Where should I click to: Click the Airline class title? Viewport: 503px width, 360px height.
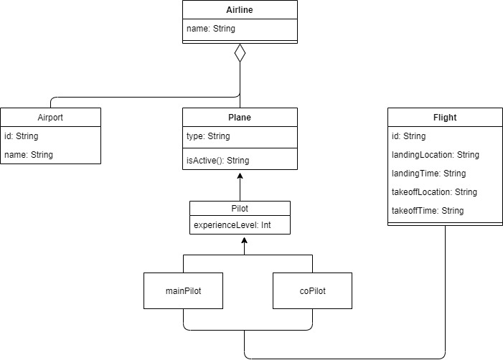coord(240,10)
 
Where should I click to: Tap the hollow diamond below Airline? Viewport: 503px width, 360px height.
coord(240,53)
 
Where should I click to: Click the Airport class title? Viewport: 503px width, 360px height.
coord(50,118)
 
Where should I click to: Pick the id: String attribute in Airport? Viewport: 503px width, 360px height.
coord(22,136)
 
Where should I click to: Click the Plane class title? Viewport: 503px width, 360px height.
coord(240,118)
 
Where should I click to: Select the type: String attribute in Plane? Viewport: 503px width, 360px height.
coord(210,136)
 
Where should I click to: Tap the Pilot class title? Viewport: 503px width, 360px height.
coord(240,208)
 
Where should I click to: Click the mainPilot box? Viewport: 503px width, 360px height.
coord(183,290)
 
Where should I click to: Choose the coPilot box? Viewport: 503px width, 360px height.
coord(313,290)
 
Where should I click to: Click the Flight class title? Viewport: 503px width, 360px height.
coord(445,118)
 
